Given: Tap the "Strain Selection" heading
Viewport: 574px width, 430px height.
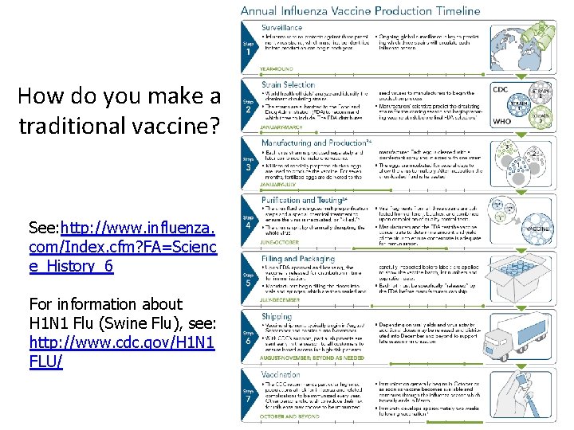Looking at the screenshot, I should pos(288,84).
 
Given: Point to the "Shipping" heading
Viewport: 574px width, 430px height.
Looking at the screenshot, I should pos(277,315).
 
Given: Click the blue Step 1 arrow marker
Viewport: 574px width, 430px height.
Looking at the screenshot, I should pos(250,46).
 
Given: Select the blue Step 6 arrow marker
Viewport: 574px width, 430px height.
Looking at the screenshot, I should pos(250,338).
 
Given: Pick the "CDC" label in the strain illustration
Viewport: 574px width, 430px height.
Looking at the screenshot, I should pos(501,89).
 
